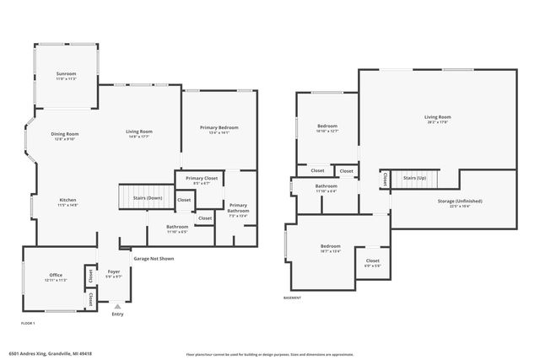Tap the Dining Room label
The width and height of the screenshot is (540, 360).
[65, 135]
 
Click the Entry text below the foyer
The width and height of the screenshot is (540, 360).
[117, 314]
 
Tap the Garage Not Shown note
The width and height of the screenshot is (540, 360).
[153, 259]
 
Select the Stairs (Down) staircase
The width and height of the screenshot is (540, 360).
[143, 197]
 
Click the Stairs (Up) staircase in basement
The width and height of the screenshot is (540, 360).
[415, 179]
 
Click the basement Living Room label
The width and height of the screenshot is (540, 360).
[437, 118]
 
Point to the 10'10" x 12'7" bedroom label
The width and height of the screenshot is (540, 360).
[327, 127]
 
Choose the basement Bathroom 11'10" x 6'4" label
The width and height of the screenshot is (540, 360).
[327, 188]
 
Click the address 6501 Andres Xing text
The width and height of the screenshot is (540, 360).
[50, 354]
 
